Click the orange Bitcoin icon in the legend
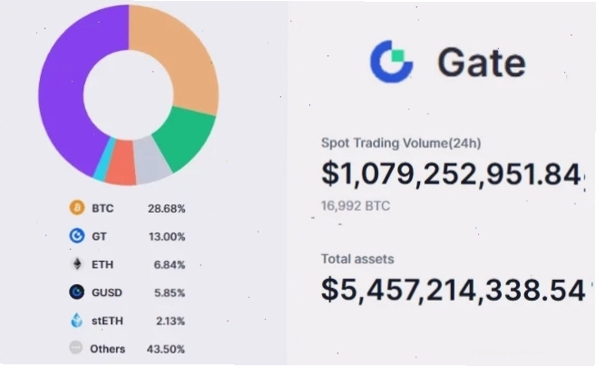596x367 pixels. coord(77,207)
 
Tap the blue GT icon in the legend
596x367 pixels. coord(77,235)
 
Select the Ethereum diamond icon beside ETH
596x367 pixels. coord(77,263)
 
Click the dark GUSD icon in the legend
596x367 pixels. coord(77,292)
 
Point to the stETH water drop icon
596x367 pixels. coord(77,320)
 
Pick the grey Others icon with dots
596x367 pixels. coord(76,348)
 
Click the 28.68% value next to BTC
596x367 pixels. coord(167,209)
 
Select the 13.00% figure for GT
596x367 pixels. coord(167,237)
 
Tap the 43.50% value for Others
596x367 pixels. coord(166,349)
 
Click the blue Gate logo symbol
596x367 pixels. coord(391,61)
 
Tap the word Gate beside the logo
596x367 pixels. coord(482,62)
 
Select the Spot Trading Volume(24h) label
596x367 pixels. coord(401,144)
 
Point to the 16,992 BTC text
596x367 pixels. coord(356,206)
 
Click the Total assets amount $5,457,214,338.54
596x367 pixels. coord(453,290)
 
